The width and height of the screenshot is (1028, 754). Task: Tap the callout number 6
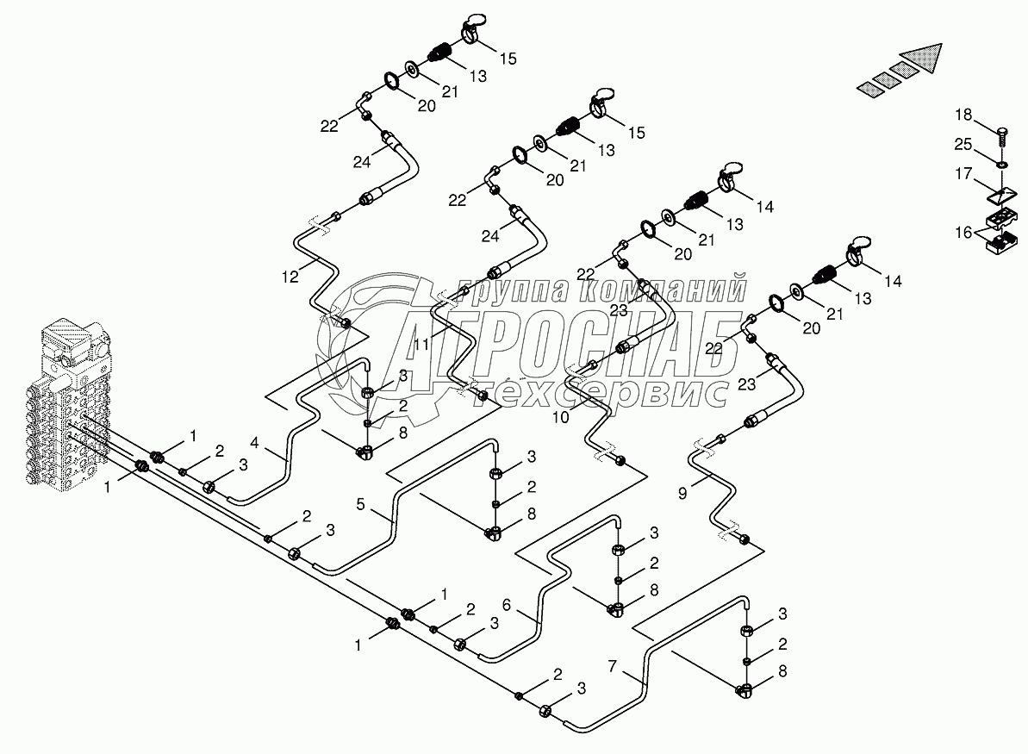pos(508,606)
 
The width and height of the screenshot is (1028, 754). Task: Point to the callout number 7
pos(613,665)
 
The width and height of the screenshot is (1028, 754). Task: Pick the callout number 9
pos(683,495)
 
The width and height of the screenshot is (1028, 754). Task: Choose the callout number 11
pos(422,345)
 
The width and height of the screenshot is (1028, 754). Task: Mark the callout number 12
pos(290,276)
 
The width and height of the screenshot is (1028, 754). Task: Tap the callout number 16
pos(963,232)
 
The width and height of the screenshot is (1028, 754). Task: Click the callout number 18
pos(963,114)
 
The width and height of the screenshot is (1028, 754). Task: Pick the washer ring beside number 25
pos(1003,163)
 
